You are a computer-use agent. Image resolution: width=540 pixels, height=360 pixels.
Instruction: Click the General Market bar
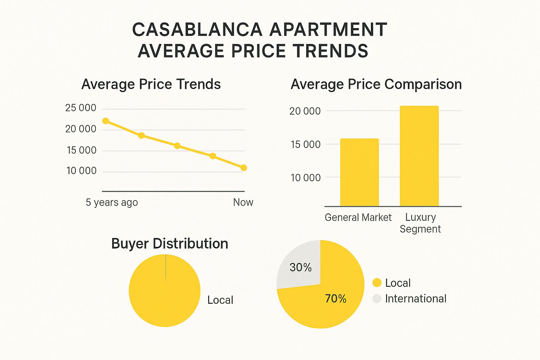[x=359, y=172]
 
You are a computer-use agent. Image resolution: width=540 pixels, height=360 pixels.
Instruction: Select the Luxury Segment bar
[x=419, y=156]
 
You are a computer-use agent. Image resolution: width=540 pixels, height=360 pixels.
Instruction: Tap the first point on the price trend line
[x=105, y=121]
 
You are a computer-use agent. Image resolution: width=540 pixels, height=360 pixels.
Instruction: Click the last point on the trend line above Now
[x=244, y=168]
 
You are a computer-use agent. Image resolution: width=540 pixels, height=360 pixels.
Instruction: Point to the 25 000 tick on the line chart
[x=81, y=108]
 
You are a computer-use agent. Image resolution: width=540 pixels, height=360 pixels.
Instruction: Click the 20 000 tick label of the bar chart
[x=305, y=111]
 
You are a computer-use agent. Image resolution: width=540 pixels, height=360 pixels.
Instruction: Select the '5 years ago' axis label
[x=112, y=202]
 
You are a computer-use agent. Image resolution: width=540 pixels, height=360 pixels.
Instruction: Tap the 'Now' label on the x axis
[x=243, y=202]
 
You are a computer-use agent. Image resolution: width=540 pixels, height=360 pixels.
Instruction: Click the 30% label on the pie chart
[x=301, y=268]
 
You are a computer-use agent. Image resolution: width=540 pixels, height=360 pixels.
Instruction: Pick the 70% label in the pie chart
[x=336, y=299]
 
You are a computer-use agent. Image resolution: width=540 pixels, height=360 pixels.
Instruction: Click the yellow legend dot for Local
[x=377, y=283]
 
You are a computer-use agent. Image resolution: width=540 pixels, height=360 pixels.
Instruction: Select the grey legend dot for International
[x=377, y=298]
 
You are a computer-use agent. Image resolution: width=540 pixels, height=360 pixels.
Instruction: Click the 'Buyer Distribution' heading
[x=169, y=244]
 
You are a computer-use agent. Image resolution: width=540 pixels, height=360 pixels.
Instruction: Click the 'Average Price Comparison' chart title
[x=376, y=84]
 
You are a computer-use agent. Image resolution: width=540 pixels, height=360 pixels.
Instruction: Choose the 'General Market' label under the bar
[x=358, y=218]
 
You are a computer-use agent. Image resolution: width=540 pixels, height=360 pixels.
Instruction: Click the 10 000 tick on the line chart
[x=81, y=171]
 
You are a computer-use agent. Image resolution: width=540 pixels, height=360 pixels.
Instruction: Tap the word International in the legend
[x=416, y=298]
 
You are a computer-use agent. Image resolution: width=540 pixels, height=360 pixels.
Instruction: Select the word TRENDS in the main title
[x=331, y=51]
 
